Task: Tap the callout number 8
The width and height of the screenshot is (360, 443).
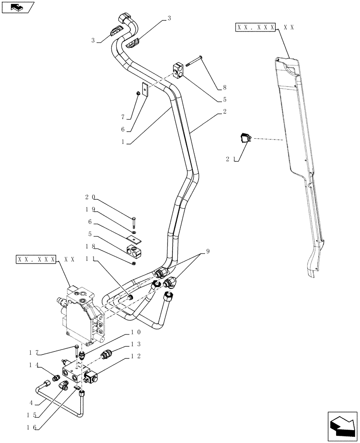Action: (x=225, y=88)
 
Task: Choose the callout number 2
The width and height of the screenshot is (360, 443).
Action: (x=225, y=112)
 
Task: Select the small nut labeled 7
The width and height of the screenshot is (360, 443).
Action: (x=138, y=93)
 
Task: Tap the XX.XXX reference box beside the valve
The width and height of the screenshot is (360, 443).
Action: (x=37, y=259)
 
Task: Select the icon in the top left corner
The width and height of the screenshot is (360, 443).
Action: (x=17, y=7)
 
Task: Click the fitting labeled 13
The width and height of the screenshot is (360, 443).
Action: (x=107, y=354)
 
